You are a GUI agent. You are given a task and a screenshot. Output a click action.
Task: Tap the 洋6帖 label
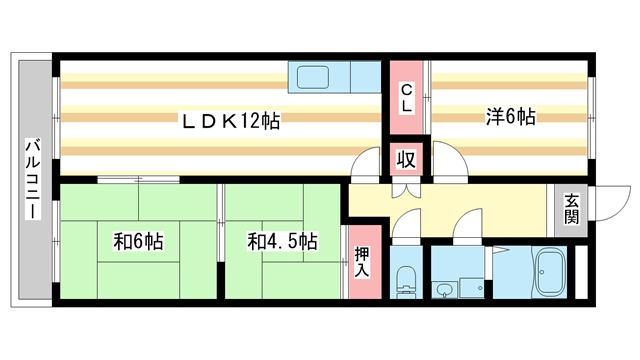(x=510, y=117)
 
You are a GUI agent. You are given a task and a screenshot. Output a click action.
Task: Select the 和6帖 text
(x=138, y=241)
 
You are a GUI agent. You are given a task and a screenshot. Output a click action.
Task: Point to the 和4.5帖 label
(x=283, y=241)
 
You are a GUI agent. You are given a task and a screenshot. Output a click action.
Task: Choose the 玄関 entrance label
(x=571, y=207)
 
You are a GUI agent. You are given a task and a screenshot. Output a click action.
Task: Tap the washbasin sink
(x=444, y=290)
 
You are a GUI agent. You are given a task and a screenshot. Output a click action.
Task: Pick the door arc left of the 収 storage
(x=368, y=164)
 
